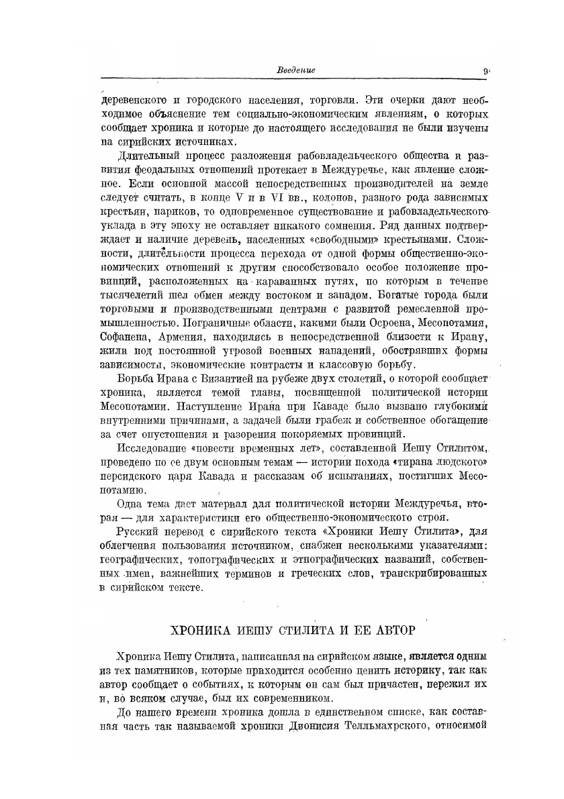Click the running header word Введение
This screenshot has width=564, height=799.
[296, 70]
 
